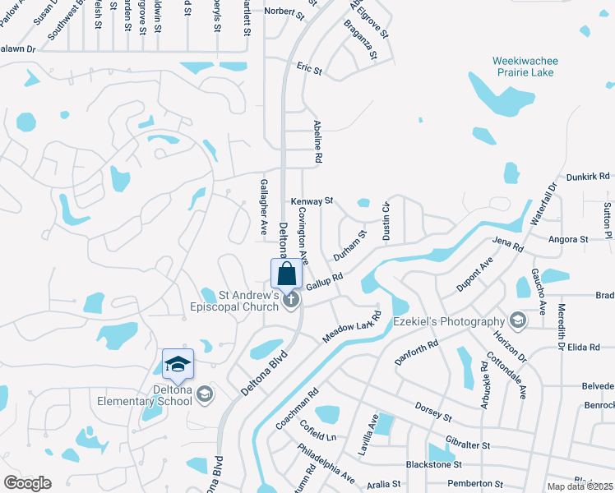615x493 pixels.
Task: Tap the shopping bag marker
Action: [x=287, y=274]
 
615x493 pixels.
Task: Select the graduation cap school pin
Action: [x=178, y=363]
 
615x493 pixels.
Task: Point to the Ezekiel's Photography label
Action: [x=449, y=321]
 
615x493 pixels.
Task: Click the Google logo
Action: [x=27, y=483]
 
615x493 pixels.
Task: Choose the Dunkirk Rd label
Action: [x=588, y=176]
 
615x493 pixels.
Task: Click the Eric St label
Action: [x=309, y=69]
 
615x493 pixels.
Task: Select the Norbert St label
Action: [x=280, y=12]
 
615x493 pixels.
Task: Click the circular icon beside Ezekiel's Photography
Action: [x=517, y=319]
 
